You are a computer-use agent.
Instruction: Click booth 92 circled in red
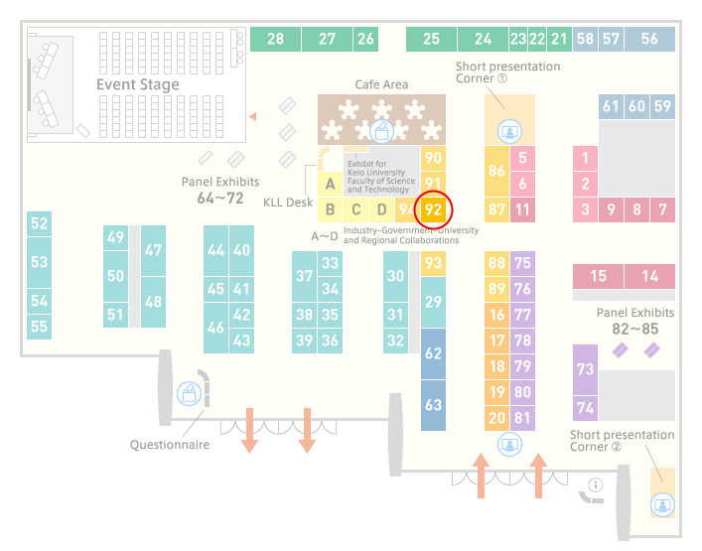(433, 209)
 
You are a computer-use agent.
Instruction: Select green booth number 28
(275, 39)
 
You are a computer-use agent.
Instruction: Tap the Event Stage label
(138, 84)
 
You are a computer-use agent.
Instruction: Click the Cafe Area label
(381, 84)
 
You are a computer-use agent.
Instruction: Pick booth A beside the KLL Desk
(330, 184)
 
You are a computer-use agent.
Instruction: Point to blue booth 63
(433, 405)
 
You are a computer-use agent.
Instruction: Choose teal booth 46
(215, 328)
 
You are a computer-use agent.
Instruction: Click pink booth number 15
(598, 276)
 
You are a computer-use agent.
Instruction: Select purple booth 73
(585, 369)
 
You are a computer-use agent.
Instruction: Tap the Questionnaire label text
(170, 445)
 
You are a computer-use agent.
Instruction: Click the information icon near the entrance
(596, 484)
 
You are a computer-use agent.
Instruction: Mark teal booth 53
(39, 262)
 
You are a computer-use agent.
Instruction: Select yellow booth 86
(496, 171)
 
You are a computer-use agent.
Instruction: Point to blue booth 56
(649, 39)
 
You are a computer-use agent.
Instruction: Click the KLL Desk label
(288, 203)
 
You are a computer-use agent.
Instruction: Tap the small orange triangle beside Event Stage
(253, 117)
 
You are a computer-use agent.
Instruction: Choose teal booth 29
(433, 302)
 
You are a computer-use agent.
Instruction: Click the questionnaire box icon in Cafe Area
(381, 132)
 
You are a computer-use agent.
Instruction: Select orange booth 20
(496, 418)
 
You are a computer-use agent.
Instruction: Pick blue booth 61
(611, 106)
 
